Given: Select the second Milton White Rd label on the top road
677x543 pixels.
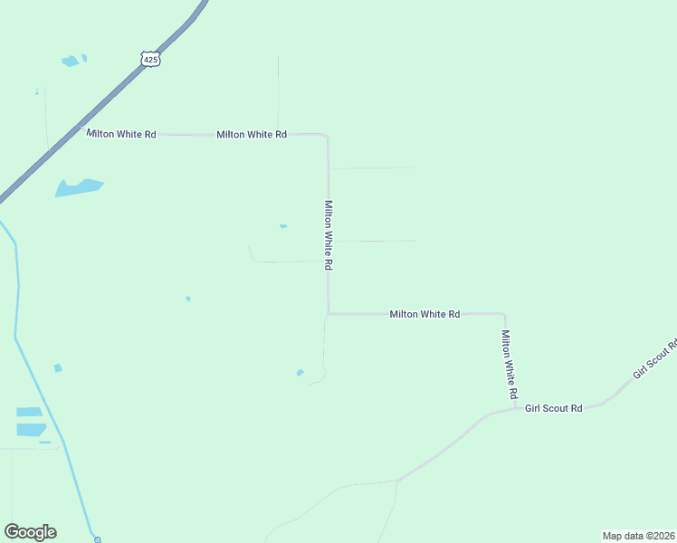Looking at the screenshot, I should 252,134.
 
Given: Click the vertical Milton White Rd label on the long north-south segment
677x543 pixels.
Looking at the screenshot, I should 329,235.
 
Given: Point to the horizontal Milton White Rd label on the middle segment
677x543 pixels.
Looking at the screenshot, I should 424,314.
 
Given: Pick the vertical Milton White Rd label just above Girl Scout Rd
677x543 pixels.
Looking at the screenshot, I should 510,365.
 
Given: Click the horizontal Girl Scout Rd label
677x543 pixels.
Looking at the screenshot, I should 553,408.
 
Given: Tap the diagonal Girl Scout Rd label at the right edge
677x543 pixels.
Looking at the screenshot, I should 655,359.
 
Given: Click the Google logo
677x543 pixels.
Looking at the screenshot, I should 30,532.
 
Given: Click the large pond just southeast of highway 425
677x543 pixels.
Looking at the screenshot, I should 79,187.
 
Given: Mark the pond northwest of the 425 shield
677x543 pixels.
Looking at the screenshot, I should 71,62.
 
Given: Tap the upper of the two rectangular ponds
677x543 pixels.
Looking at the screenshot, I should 30,412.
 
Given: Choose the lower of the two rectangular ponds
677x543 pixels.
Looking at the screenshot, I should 31,429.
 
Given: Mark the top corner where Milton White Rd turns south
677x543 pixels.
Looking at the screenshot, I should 326,136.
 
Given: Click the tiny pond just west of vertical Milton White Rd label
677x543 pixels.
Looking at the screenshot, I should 283,226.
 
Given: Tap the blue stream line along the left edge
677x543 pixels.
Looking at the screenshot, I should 16,299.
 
